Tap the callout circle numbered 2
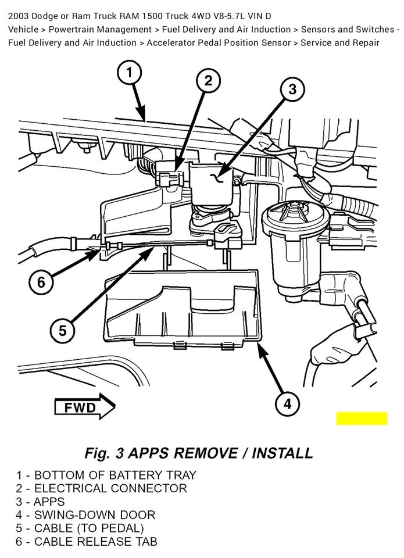[208, 81]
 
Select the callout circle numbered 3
[292, 89]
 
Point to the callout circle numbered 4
[287, 403]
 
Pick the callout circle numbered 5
[62, 331]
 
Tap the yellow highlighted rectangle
[362, 419]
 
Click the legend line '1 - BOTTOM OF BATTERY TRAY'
[106, 475]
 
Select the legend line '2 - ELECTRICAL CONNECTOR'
[102, 488]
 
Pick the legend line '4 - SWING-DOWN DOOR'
[86, 515]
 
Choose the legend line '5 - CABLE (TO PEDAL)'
[80, 528]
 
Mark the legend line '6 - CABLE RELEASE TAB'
[87, 542]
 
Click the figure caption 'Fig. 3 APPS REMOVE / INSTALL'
[199, 453]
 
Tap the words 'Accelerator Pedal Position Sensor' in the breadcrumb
[218, 42]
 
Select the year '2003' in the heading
[20, 16]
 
